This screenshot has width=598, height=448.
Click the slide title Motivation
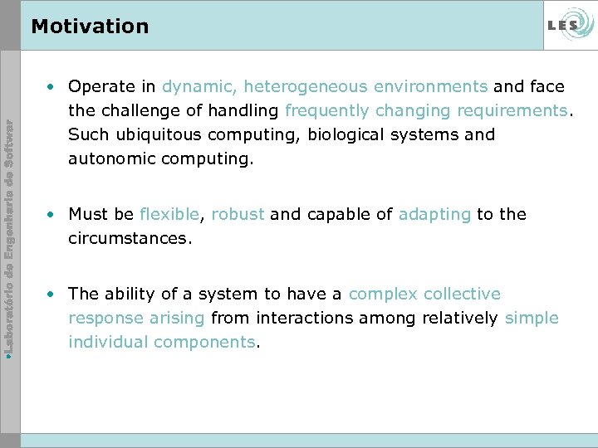[90, 27]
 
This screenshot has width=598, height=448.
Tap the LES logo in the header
[569, 26]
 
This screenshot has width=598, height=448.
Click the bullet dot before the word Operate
[51, 87]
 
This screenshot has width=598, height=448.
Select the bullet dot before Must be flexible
[51, 215]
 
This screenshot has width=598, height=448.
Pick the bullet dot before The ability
[51, 295]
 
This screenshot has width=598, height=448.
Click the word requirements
[511, 110]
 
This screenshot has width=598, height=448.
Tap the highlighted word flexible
[169, 215]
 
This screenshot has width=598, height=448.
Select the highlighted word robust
[238, 215]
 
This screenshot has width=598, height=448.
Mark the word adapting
[434, 215]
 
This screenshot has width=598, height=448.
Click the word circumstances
[129, 238]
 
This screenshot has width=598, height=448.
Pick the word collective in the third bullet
[462, 294]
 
